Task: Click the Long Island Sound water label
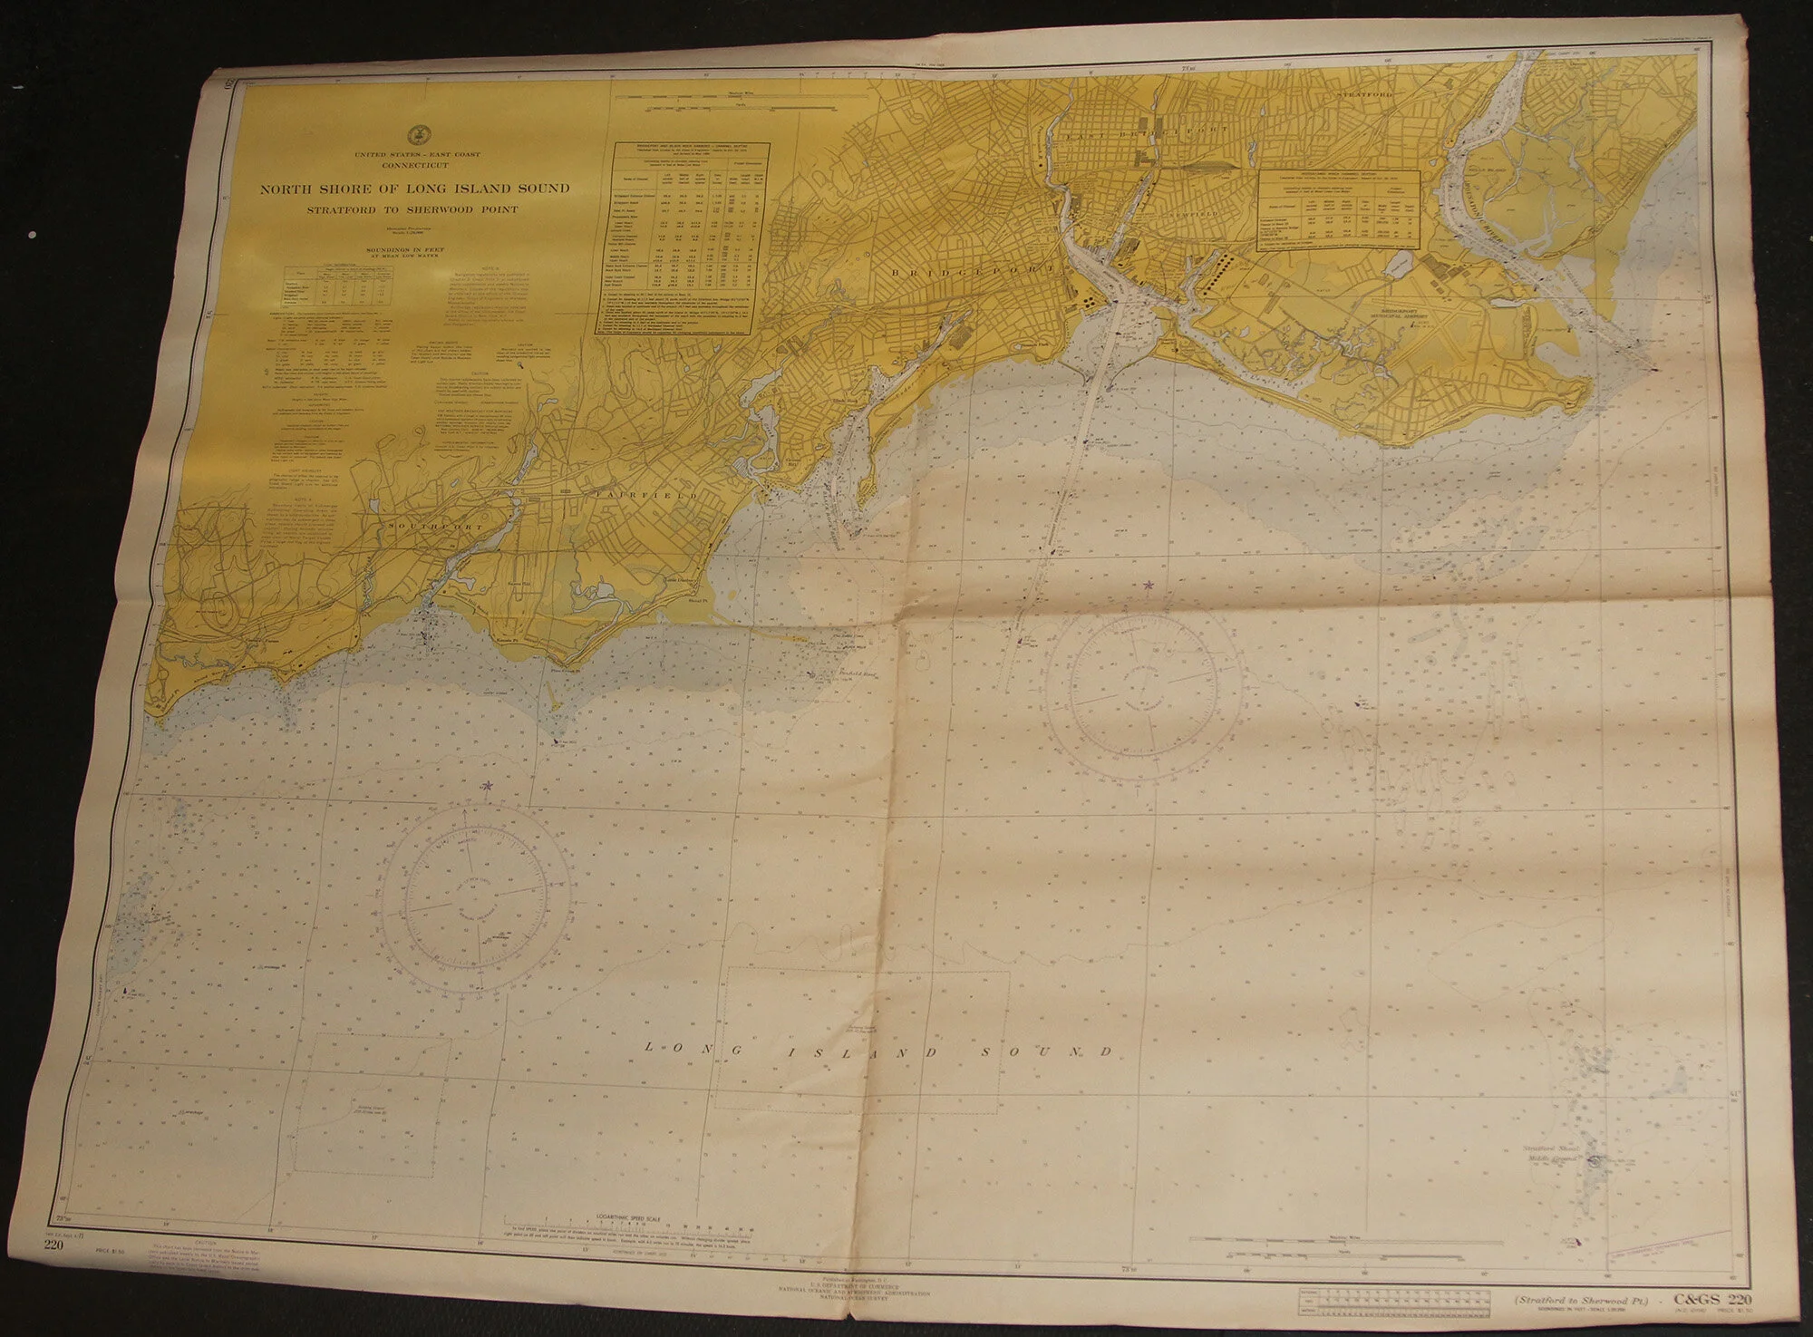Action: pos(877,1051)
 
